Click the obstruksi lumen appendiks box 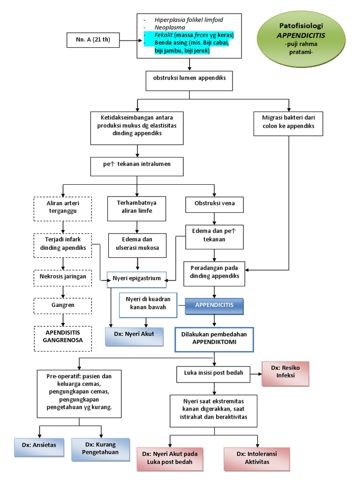pos(189,78)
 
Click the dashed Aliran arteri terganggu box pos(62,208)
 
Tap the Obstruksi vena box pos(214,203)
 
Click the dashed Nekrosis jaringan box pos(62,277)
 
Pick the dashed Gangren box pos(62,305)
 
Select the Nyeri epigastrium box pos(137,278)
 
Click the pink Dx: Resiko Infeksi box pos(285,374)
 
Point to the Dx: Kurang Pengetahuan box pos(102,449)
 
